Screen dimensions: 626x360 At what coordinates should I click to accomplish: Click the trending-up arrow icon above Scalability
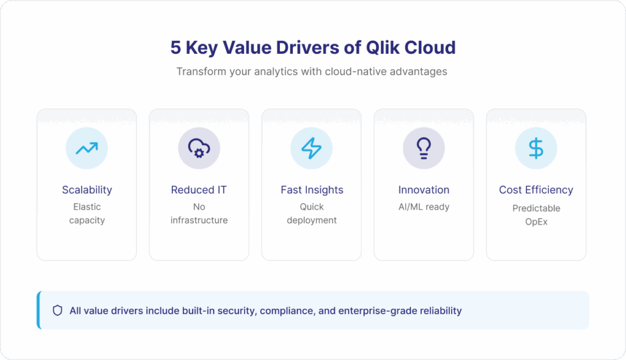(87, 149)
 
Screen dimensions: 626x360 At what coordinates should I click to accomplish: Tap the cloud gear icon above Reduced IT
(199, 148)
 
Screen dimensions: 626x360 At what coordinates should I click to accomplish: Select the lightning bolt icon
(311, 148)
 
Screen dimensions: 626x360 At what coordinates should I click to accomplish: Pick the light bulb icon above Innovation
(424, 149)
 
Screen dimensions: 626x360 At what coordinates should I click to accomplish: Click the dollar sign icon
(536, 148)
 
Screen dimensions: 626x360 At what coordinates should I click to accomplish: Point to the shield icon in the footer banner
(57, 310)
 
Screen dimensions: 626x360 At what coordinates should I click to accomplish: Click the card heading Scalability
(87, 190)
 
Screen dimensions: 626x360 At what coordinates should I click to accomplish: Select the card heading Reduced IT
(199, 189)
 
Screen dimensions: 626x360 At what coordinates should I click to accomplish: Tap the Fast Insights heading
(312, 190)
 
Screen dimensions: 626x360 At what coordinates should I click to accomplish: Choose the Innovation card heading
(424, 189)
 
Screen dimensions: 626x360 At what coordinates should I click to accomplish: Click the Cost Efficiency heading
(536, 190)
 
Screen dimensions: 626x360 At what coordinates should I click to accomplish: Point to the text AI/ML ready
(424, 207)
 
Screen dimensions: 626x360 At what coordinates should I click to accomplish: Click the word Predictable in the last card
(536, 208)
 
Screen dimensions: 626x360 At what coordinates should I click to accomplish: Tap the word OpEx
(536, 222)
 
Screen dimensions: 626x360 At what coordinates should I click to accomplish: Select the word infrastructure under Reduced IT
(199, 220)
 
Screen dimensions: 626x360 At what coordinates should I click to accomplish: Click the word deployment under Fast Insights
(312, 220)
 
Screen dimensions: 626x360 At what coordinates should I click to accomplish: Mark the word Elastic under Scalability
(87, 207)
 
